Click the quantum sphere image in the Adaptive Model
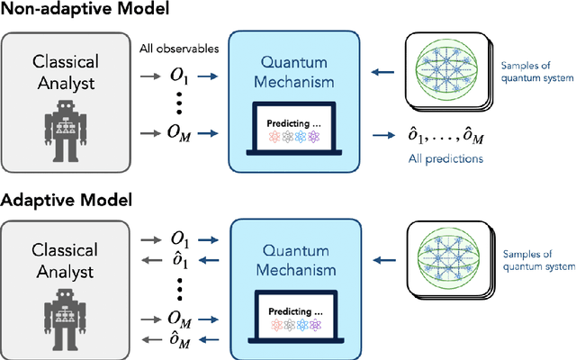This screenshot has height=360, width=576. point(451,255)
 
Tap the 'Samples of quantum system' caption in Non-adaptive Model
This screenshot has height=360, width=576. point(536,73)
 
